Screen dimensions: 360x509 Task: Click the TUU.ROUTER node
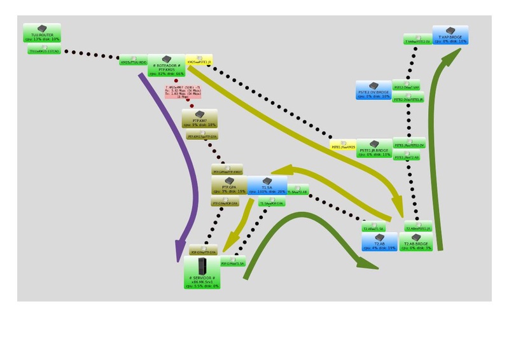(x=42, y=34)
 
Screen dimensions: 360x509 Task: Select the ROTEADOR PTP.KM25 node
(x=166, y=65)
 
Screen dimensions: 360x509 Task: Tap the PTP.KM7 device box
(x=200, y=119)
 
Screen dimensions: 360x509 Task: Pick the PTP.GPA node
(x=228, y=186)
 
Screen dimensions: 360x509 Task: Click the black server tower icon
(x=202, y=265)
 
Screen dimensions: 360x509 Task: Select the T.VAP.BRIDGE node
(x=450, y=35)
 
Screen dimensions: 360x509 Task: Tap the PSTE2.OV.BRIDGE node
(x=373, y=90)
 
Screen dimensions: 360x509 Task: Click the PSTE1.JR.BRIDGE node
(x=374, y=148)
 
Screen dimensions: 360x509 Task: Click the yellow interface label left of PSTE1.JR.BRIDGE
(x=343, y=146)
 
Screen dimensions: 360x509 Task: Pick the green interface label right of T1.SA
(x=297, y=191)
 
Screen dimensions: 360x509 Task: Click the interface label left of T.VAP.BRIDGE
(x=417, y=41)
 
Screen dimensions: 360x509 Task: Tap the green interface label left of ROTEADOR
(x=134, y=62)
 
